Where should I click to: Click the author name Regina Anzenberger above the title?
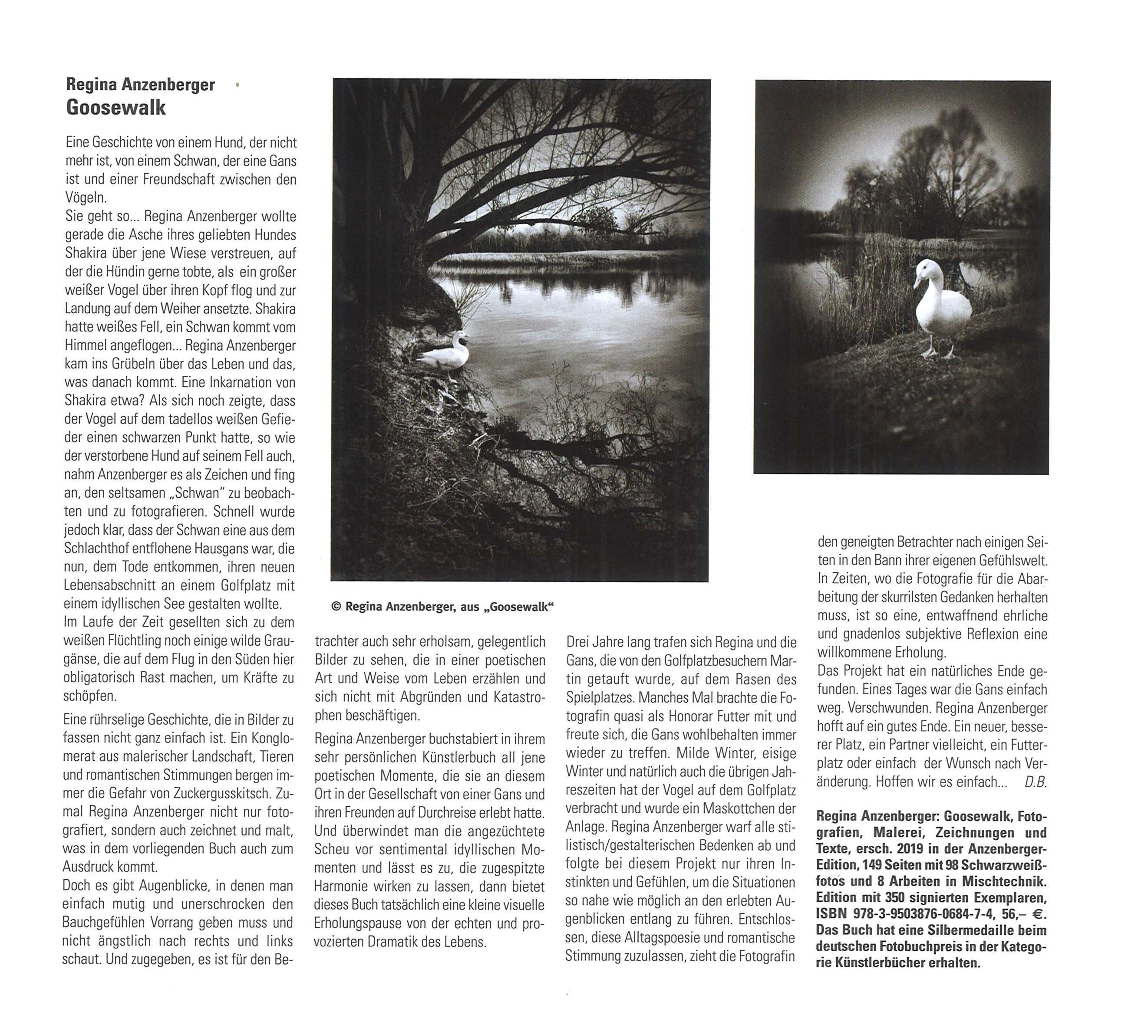tap(140, 85)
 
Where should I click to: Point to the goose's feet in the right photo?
tap(938, 352)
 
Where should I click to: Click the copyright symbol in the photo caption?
tap(336, 607)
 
